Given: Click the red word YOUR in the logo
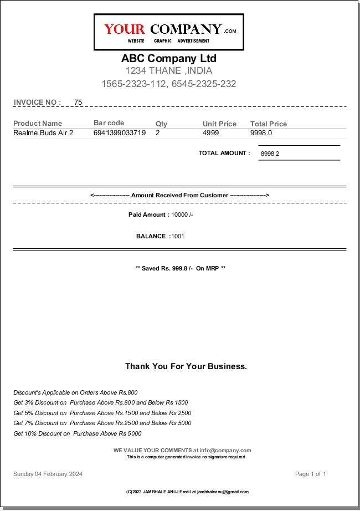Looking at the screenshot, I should click(x=124, y=29).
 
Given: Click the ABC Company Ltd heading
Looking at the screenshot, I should click(x=169, y=59).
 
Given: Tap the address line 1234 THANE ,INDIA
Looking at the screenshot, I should click(x=169, y=70).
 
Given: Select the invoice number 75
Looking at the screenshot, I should click(x=78, y=102).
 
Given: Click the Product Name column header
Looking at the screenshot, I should click(x=38, y=124).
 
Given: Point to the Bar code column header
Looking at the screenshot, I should click(x=109, y=123).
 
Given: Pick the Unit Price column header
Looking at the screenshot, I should click(x=219, y=124).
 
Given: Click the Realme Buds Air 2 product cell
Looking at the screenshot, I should click(x=43, y=133).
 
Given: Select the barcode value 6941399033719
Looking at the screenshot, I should click(x=120, y=133).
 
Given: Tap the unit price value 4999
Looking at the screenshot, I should click(x=210, y=133).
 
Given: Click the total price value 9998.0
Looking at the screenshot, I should click(x=261, y=133).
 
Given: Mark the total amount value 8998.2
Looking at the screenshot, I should click(x=270, y=154).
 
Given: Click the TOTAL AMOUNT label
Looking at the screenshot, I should click(x=224, y=153).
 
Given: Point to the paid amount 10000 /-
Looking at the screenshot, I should click(x=182, y=214).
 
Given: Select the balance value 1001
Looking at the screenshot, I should click(x=178, y=236).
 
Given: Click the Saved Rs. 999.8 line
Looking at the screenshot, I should click(x=181, y=268).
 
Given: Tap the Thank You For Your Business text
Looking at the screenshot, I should click(x=186, y=366).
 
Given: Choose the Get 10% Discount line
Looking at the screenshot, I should click(x=78, y=433).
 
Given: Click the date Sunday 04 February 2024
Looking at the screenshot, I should click(x=48, y=474).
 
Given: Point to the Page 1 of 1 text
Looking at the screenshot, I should click(x=311, y=474).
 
